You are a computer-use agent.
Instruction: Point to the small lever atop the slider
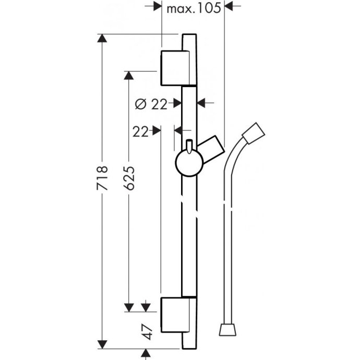point(189,145)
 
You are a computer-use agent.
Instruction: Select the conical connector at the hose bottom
point(227,329)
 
